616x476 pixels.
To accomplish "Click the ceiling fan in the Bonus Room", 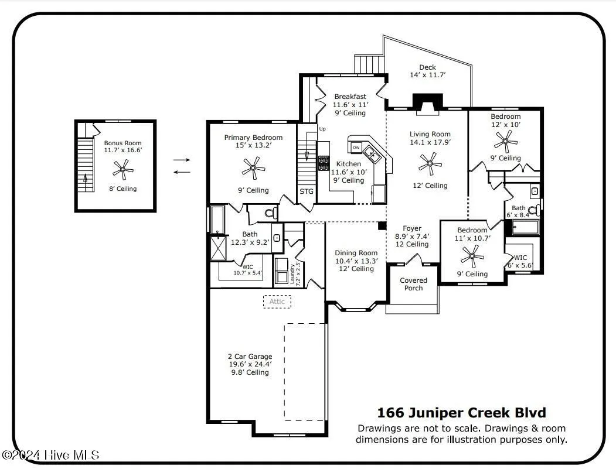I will tap(122, 170).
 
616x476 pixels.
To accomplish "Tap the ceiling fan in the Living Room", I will tap(430, 164).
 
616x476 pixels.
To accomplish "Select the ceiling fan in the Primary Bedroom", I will tap(253, 169).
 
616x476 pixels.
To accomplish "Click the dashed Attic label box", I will tap(277, 302).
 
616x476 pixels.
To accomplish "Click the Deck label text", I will tap(427, 67).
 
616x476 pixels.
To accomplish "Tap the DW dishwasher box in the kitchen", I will tap(356, 147).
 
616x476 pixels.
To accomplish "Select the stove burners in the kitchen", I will tap(324, 163).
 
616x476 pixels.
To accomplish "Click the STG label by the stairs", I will tap(307, 191).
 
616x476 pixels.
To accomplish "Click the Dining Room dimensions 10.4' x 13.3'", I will tap(356, 261).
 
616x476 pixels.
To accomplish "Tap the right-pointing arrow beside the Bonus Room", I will tap(182, 159).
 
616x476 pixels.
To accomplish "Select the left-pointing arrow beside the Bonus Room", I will tap(182, 172).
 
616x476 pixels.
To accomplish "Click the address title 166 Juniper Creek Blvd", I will tap(461, 413).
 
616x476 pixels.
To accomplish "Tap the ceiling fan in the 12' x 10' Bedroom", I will tap(505, 141).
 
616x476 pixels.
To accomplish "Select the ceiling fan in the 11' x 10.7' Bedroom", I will tap(472, 255).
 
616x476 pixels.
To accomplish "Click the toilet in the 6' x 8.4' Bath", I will tap(533, 211).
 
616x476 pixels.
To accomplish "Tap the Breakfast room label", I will tap(350, 97).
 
